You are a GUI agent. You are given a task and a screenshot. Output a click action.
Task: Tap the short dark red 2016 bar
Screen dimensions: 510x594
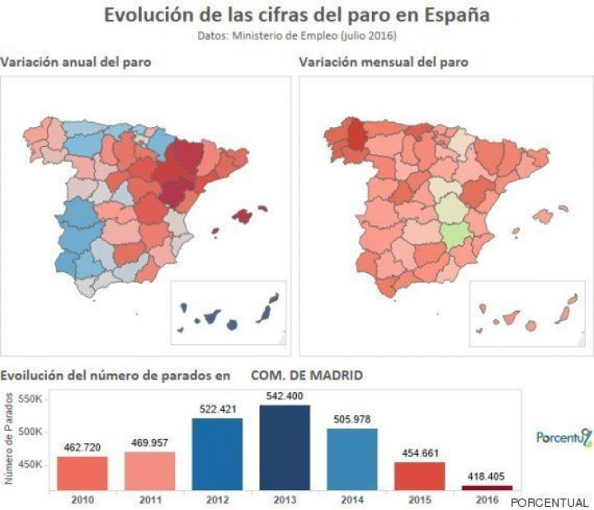click(487, 487)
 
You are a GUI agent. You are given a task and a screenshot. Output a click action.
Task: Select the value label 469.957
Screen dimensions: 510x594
click(149, 444)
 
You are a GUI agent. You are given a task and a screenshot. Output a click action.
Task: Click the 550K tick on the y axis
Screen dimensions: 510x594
click(30, 399)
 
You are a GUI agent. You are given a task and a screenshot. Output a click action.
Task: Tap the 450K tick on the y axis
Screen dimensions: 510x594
click(30, 465)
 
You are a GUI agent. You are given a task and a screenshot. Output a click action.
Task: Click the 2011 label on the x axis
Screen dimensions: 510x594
click(149, 499)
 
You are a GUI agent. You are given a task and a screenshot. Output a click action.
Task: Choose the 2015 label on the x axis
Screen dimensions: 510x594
click(419, 499)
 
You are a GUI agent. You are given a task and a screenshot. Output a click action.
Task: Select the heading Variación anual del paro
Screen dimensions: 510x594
click(76, 62)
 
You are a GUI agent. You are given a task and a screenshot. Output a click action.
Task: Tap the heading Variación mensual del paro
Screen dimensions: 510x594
click(384, 62)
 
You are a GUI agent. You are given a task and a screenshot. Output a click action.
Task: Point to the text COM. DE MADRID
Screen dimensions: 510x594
click(307, 375)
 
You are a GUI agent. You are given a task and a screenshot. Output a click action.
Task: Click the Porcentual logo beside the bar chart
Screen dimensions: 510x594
click(563, 437)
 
